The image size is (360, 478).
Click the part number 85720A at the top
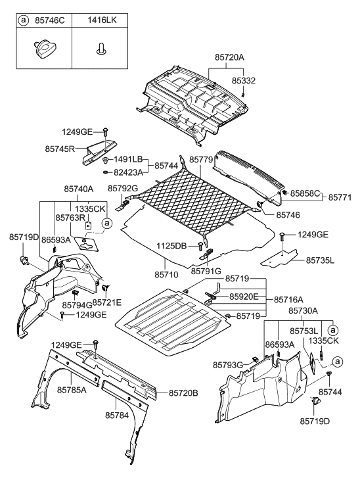point(229,57)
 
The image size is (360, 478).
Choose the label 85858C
point(306,193)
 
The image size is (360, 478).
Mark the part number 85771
point(341,197)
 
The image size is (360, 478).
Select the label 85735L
point(319,260)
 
